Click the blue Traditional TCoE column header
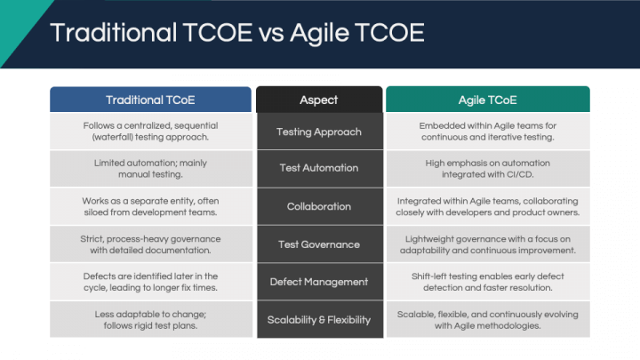coord(150,100)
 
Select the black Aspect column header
coord(319,100)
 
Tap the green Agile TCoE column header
coord(488,100)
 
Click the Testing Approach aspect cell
coord(320,132)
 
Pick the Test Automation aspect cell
coord(320,168)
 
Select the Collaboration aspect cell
coord(320,206)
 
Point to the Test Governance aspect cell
coord(320,244)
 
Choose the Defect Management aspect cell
coord(320,282)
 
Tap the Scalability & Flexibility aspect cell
coord(320,319)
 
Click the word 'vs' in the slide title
coord(271,33)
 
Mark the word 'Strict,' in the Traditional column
coord(92,239)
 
